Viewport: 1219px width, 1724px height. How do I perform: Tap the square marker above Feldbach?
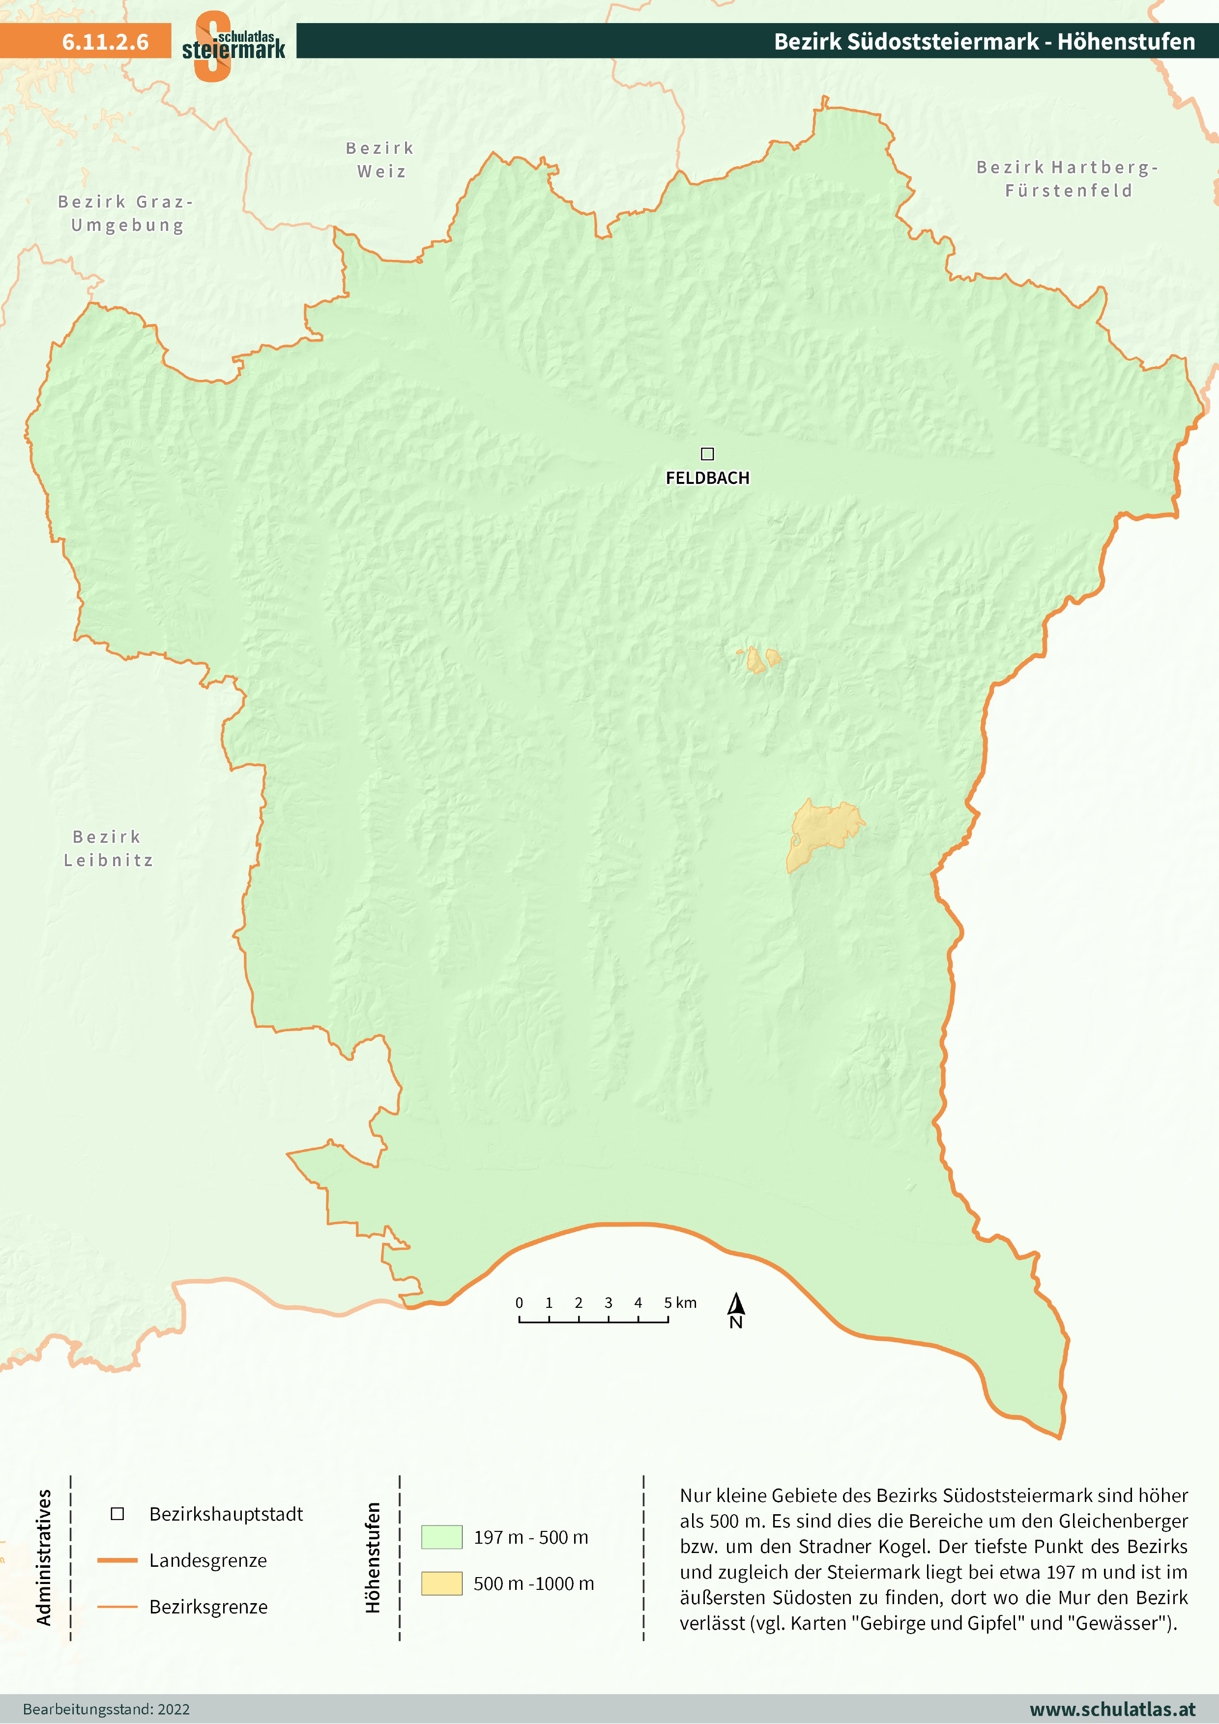(x=707, y=453)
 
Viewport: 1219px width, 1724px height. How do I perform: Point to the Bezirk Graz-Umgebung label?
(x=126, y=213)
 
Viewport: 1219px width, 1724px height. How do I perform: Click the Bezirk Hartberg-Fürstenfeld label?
(x=1067, y=179)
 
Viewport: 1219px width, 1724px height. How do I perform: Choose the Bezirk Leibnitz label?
(x=108, y=848)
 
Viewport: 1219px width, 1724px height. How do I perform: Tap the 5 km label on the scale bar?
(x=680, y=1303)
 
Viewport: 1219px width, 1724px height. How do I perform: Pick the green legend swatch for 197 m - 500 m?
(x=441, y=1537)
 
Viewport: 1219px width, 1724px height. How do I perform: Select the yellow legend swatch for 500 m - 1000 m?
(x=441, y=1583)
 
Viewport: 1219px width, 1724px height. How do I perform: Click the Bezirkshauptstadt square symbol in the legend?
(x=117, y=1514)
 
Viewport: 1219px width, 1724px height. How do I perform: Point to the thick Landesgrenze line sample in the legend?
(x=117, y=1560)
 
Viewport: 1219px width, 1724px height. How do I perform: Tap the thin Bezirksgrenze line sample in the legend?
(x=117, y=1607)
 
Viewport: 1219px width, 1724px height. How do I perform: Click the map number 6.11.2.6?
(x=105, y=41)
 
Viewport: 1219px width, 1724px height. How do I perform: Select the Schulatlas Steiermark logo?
(x=233, y=45)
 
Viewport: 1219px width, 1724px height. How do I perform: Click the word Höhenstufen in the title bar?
(x=1126, y=41)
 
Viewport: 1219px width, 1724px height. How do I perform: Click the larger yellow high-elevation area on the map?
(x=822, y=830)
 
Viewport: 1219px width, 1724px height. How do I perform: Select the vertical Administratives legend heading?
(x=44, y=1557)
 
